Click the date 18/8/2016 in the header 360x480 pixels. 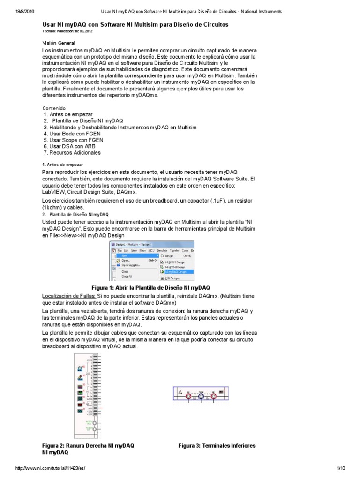[x=18, y=11]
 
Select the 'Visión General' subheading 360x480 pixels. [x=59, y=43]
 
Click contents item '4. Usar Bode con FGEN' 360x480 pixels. [x=73, y=134]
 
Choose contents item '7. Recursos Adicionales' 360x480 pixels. [x=72, y=152]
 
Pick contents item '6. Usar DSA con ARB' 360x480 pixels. [x=69, y=146]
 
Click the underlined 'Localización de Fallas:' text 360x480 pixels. [x=69, y=296]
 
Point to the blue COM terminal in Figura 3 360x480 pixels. [x=201, y=397]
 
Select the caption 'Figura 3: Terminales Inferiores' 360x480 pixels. [x=217, y=445]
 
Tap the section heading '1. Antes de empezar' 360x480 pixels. [x=62, y=165]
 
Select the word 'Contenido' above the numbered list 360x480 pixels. [x=54, y=108]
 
